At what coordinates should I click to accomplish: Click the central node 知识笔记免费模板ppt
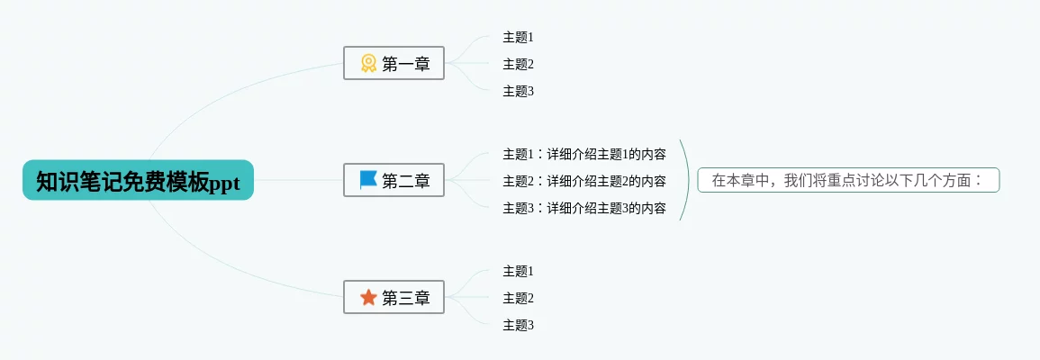138,181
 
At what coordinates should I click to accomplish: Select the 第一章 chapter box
393,63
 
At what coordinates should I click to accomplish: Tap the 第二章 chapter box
393,180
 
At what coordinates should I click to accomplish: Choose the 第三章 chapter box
393,297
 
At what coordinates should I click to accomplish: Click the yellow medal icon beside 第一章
368,63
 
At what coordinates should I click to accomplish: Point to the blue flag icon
368,180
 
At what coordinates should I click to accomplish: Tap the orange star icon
368,297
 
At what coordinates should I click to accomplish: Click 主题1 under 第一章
518,37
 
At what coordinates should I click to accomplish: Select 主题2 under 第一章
518,64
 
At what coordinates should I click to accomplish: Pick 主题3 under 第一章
518,91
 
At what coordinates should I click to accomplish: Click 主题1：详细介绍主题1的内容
584,154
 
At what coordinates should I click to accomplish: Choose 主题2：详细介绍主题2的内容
584,181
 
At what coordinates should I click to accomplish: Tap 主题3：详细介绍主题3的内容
584,208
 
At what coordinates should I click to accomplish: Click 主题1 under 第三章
518,271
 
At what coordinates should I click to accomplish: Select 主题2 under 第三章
518,298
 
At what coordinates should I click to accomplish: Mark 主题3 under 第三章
518,325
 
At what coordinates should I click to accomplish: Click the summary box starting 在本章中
848,180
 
